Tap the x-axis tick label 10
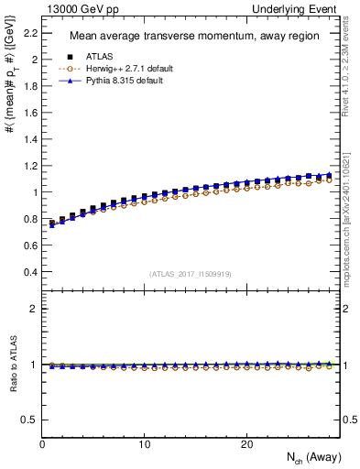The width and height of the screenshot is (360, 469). (144, 443)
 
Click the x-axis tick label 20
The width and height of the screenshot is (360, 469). (245, 443)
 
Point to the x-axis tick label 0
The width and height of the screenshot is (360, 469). (42, 443)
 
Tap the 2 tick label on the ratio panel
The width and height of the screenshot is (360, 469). (35, 309)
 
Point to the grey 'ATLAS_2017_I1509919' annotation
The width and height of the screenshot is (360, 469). (191, 273)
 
